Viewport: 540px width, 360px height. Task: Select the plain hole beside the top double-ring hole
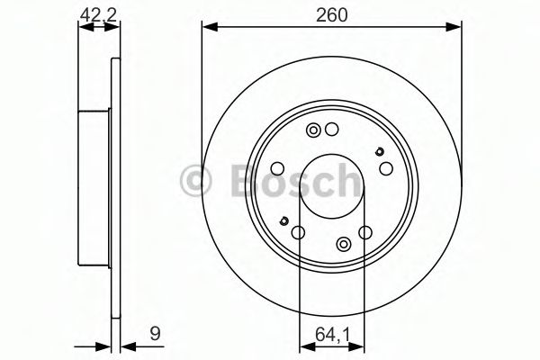[x=331, y=129]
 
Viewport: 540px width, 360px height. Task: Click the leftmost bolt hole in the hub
[x=278, y=168]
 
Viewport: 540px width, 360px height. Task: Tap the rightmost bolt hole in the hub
[x=385, y=168]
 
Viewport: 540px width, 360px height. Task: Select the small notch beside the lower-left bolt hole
[x=284, y=220]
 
